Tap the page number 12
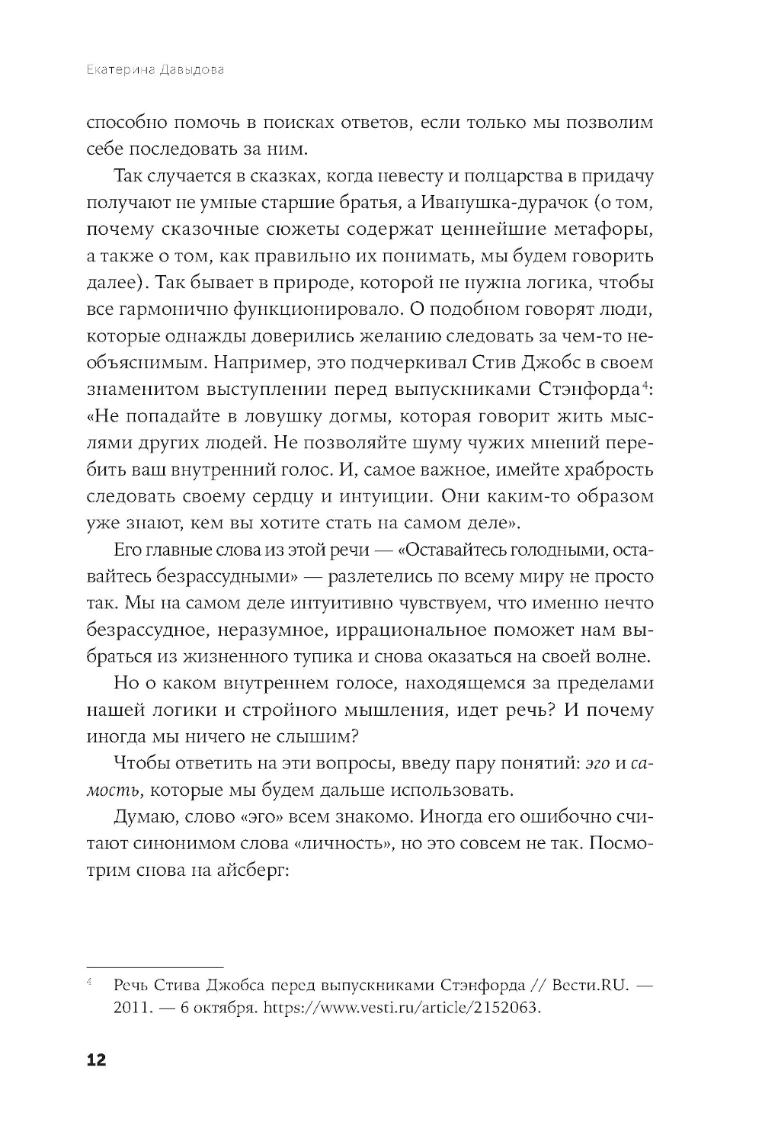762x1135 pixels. tap(96, 1060)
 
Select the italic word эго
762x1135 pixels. tap(598, 763)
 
